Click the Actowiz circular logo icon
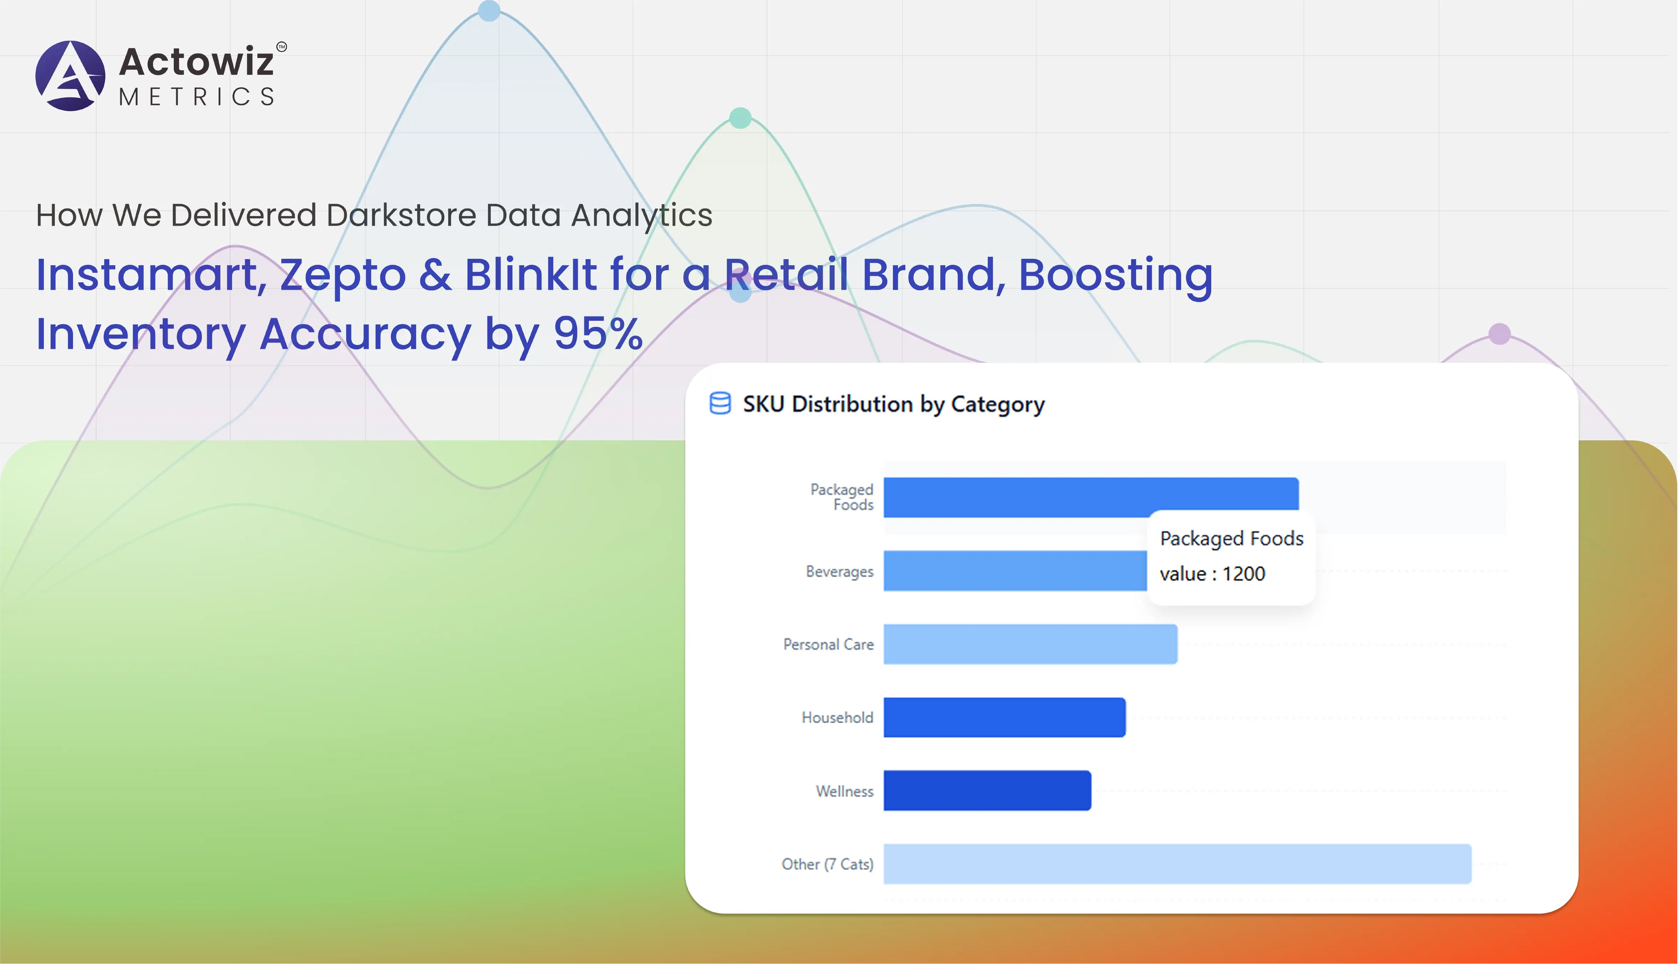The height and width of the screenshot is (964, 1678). pos(70,75)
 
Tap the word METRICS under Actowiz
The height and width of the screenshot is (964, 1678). pos(197,97)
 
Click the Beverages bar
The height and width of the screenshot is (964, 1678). pos(1014,571)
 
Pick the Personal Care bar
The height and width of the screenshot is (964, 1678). pos(1030,644)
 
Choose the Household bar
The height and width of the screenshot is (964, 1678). pos(1004,717)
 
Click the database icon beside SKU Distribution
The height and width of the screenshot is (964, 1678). pos(720,403)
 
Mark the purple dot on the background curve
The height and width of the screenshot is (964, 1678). pos(1499,334)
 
